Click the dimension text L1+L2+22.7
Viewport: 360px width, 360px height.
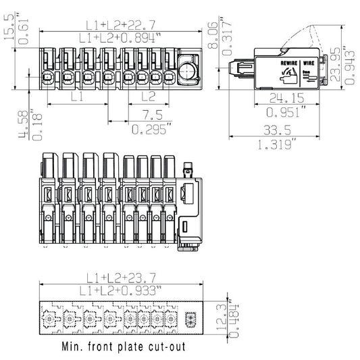tap(122, 25)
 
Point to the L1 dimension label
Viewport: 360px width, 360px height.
tap(77, 97)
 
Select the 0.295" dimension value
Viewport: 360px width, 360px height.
tap(149, 128)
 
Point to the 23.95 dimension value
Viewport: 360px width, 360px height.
tap(336, 62)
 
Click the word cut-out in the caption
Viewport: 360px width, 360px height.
tap(183, 350)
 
